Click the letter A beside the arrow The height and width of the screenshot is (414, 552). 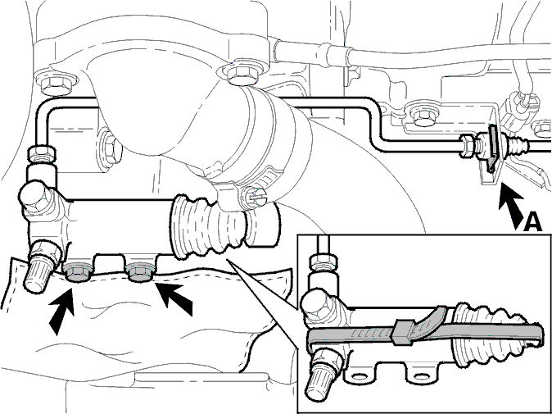pos(532,221)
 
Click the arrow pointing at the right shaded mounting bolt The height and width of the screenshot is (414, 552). pos(174,299)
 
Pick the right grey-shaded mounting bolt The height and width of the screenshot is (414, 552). pos(140,272)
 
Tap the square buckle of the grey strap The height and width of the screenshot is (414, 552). pos(402,332)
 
